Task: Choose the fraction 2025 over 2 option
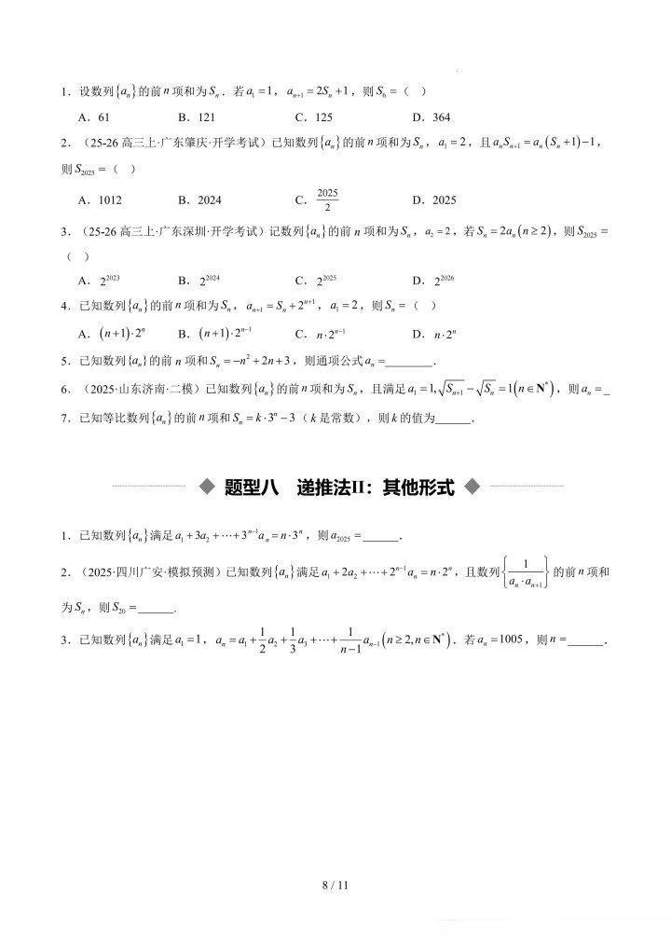coord(326,199)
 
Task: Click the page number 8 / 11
coord(335,885)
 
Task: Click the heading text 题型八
coord(252,486)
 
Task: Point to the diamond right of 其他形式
coord(472,486)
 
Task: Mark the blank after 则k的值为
coord(454,419)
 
